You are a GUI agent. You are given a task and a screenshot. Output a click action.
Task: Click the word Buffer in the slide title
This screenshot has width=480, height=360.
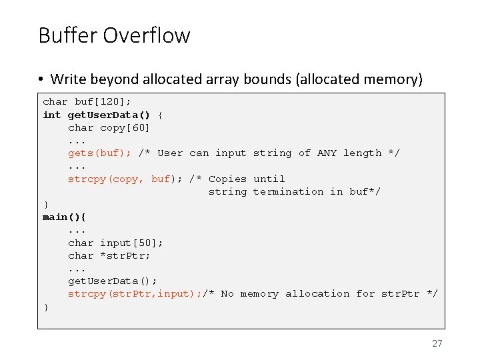[x=69, y=35]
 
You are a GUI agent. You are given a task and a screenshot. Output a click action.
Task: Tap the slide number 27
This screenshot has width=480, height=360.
[x=437, y=343]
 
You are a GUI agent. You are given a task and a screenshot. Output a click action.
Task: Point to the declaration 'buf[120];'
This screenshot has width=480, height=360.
[x=103, y=102]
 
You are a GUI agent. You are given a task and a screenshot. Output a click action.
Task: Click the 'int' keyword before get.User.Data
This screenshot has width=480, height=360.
[x=52, y=115]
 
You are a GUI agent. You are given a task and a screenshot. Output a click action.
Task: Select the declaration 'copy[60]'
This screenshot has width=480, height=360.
[x=125, y=127]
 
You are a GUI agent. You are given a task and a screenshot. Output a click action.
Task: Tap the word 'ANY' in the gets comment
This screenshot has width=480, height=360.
[x=327, y=153]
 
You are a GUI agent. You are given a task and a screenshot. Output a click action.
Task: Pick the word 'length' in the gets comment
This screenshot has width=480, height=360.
[x=362, y=153]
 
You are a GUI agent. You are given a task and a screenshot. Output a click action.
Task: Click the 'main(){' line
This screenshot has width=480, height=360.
[x=65, y=217]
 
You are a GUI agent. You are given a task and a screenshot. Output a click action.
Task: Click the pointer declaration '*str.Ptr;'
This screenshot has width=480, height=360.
[x=125, y=255]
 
